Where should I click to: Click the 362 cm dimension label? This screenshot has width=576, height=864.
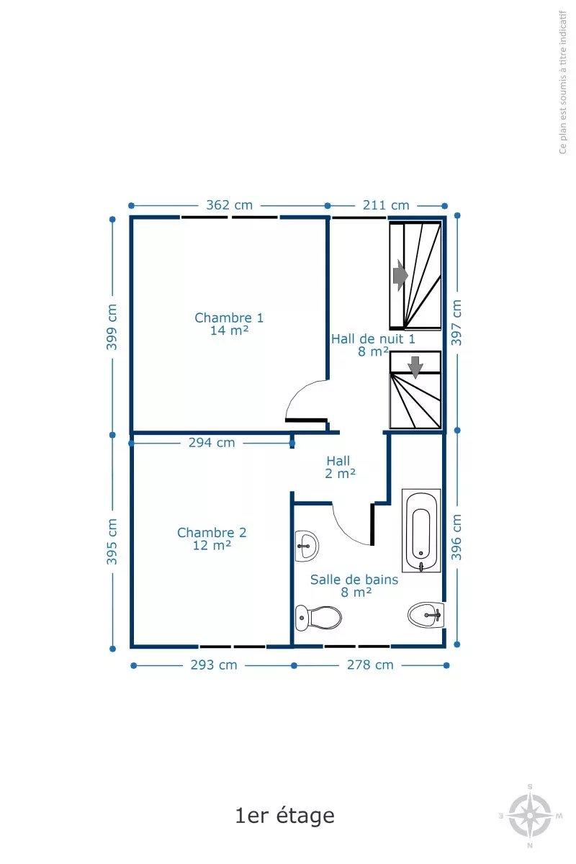(229, 204)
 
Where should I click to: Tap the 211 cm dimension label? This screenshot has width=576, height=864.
(386, 204)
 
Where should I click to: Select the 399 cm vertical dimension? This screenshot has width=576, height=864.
(112, 327)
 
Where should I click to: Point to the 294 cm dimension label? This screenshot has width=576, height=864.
(212, 442)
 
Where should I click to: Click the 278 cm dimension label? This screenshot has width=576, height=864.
(370, 665)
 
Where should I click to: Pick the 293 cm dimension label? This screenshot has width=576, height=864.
(214, 665)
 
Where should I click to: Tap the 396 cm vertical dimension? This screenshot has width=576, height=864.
(456, 536)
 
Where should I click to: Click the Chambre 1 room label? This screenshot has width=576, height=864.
(229, 318)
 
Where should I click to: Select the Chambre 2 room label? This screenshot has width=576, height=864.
(212, 533)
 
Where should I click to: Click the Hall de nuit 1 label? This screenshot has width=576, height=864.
(373, 339)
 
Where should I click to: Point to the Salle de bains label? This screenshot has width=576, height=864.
(354, 580)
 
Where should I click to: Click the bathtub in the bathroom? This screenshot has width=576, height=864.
(421, 531)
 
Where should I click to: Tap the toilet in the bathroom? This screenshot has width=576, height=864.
(318, 618)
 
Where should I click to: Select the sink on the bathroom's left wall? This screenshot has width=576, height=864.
(307, 546)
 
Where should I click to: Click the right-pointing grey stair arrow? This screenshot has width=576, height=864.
(400, 275)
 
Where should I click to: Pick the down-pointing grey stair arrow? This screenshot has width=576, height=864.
(415, 367)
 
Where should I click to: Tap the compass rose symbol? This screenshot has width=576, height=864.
(530, 816)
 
